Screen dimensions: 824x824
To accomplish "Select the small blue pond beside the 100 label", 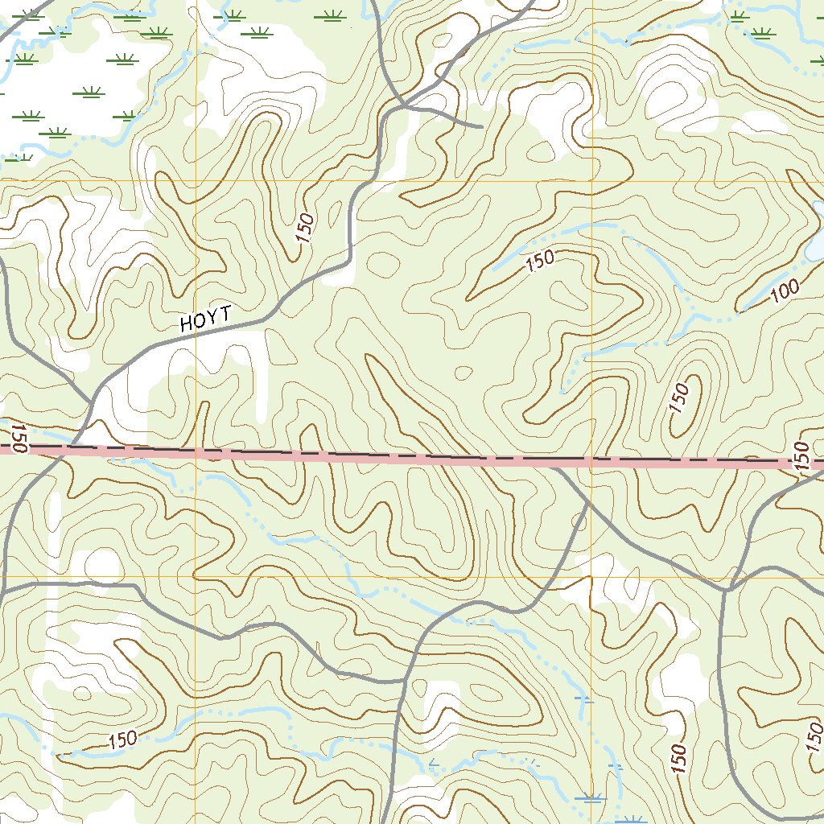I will point(816,250).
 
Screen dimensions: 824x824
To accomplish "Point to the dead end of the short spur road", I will point(481,126).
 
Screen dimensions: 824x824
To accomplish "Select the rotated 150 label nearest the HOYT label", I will point(304,229).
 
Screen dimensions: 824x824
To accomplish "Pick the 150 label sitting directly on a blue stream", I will point(121,738).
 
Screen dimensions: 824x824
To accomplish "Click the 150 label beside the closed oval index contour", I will point(679,399).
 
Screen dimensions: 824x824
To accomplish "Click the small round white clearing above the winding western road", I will point(103,564).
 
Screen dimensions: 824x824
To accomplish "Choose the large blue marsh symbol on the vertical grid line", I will point(591,798).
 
